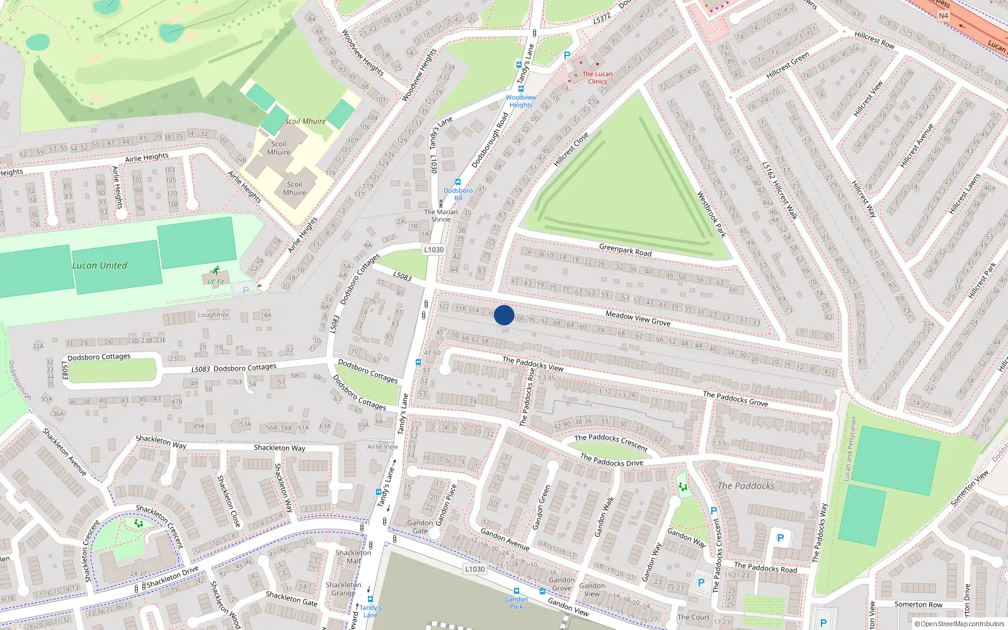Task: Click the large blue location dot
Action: coord(504,315)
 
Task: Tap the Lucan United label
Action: coord(100,265)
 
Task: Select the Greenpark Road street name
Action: coord(625,249)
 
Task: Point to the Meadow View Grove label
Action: coord(638,318)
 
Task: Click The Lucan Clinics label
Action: coord(597,77)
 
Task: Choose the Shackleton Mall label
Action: coord(353,556)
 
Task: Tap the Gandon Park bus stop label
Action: coord(517,603)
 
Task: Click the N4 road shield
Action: coord(943,16)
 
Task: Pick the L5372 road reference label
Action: coord(602,19)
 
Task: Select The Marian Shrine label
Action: coord(441,215)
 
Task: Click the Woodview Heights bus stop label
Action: coord(521,101)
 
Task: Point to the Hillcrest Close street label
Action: coord(571,149)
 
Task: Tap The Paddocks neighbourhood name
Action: coord(746,486)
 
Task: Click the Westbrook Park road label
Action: coord(711,215)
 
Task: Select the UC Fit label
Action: coord(215,282)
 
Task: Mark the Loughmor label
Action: coord(213,314)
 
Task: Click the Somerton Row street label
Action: coord(919,604)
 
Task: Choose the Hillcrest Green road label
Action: coord(787,66)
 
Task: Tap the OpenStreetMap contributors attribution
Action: coord(959,624)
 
